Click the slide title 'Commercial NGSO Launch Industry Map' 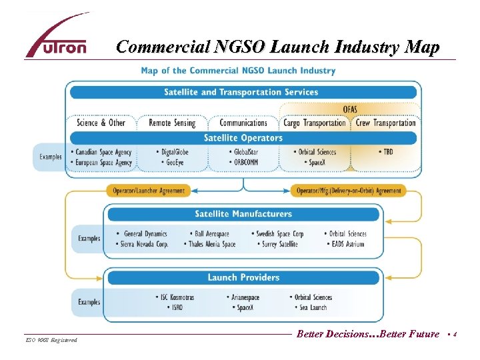coord(278,47)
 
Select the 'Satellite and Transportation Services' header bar coord(241,92)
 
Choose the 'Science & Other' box coord(101,123)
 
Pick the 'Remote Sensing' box coord(172,123)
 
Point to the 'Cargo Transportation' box coord(315,123)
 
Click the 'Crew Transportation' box coord(385,123)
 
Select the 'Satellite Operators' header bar coord(243,138)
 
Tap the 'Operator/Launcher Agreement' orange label coord(149,191)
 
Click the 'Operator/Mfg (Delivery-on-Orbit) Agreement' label coord(349,191)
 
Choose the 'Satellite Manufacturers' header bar coord(243,214)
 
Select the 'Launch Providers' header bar coord(243,277)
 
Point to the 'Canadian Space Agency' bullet coord(103,152)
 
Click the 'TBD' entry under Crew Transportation coord(386,152)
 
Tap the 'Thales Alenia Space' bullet coord(211,245)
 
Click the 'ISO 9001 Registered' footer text coord(52,341)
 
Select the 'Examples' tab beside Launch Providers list coord(89,302)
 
